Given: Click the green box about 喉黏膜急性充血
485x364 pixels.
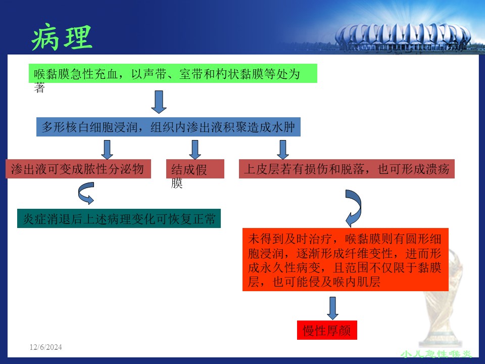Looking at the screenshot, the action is click(x=173, y=73).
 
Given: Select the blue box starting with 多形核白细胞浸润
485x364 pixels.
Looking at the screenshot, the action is click(x=168, y=127).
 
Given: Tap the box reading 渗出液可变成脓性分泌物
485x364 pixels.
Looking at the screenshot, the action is click(x=78, y=169).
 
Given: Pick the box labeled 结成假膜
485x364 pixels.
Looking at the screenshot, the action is click(x=195, y=169).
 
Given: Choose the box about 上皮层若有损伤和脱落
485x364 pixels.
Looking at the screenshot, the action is click(x=347, y=169).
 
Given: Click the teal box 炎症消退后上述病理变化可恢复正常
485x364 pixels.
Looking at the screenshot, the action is click(x=119, y=218).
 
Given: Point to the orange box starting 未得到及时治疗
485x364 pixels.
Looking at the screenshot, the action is click(x=346, y=260).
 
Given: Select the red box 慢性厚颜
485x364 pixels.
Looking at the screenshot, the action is click(x=327, y=330).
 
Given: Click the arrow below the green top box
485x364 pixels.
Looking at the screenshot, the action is click(x=159, y=102).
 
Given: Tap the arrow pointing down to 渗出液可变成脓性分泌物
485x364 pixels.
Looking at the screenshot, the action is click(x=107, y=150).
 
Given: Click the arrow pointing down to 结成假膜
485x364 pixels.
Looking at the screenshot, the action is click(x=195, y=150).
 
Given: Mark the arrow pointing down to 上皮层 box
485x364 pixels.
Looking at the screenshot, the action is click(x=283, y=150).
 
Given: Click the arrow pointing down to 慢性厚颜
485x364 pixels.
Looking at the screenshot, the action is click(x=332, y=308).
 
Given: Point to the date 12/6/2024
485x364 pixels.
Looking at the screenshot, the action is click(x=46, y=347).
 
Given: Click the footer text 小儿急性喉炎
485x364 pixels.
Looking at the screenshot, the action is click(x=436, y=354).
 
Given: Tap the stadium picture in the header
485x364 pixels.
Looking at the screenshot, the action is click(x=403, y=37).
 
